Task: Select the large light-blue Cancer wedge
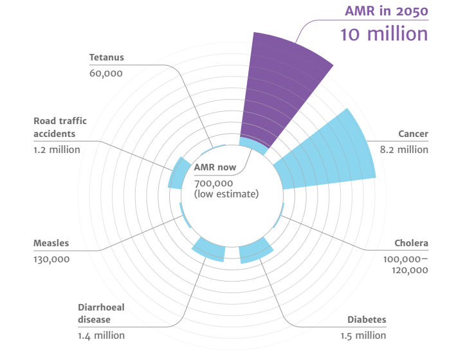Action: (x=325, y=154)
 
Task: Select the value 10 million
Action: (x=384, y=33)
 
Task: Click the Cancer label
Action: (x=412, y=134)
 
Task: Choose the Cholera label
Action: (x=411, y=244)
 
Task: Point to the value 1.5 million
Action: (x=363, y=335)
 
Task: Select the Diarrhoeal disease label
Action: (x=101, y=313)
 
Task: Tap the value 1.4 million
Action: (x=101, y=335)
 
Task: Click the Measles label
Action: (x=51, y=244)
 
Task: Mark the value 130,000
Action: (x=51, y=259)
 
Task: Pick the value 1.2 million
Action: (x=57, y=150)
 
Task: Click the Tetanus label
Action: (x=106, y=57)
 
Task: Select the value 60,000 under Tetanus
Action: (x=105, y=73)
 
